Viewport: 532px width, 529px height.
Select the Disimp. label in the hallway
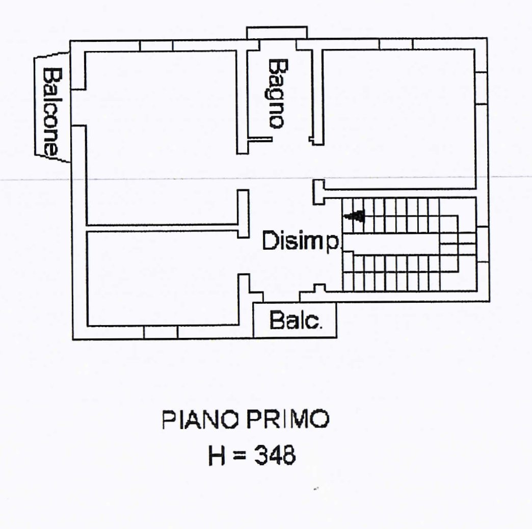[301, 241]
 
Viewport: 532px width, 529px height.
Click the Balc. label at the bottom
[295, 320]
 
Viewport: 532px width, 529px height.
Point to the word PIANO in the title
[200, 419]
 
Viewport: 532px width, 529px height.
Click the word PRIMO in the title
[288, 419]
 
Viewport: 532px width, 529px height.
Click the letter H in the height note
[217, 455]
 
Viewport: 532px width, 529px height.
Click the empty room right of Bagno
[398, 119]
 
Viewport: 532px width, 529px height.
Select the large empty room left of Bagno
[161, 138]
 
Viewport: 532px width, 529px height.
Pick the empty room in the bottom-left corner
[163, 279]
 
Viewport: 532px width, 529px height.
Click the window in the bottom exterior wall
[161, 332]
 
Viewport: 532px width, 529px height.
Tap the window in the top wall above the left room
[156, 46]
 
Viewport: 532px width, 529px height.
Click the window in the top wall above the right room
[395, 44]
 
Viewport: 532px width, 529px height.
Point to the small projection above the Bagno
[277, 33]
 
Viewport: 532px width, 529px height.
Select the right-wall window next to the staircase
[482, 244]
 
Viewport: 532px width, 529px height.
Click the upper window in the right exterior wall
[481, 88]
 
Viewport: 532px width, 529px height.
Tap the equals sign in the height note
[240, 456]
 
